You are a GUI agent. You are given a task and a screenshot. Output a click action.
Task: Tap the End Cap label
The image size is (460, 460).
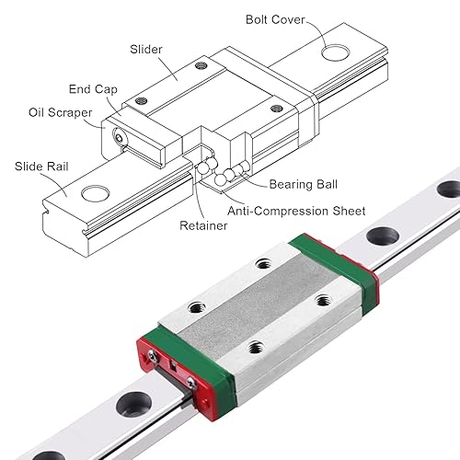(90, 88)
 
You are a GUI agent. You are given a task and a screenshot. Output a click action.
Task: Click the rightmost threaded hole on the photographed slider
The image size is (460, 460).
(322, 299)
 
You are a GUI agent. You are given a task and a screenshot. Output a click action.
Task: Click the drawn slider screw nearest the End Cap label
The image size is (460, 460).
(141, 99)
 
